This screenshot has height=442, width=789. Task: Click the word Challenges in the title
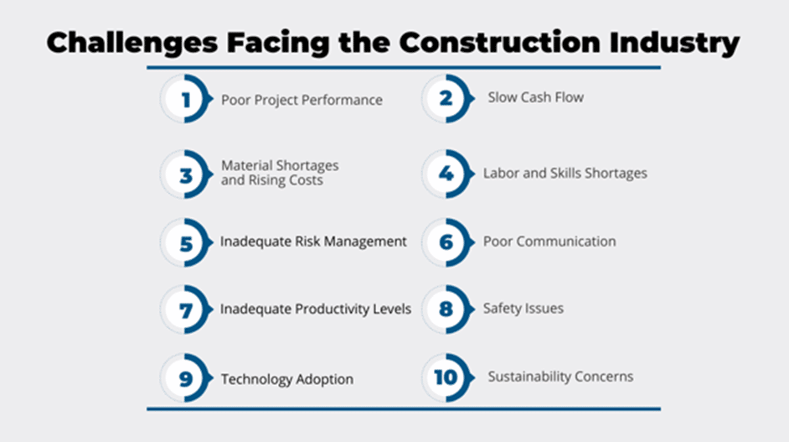[x=132, y=44]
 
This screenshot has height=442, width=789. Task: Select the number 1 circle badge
[x=186, y=99]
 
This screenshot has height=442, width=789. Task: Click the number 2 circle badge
[x=447, y=99]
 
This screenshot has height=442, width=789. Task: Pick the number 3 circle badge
[x=186, y=174]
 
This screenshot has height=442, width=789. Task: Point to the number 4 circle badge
[x=447, y=174]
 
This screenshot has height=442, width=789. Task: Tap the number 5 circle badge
[x=186, y=242]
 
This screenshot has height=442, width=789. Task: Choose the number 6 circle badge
[x=447, y=242]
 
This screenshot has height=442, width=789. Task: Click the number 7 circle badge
[x=186, y=309]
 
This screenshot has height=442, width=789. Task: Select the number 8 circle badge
[x=447, y=309]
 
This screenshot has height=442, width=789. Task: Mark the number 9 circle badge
[x=186, y=378]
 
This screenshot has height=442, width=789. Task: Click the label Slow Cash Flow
[x=535, y=97]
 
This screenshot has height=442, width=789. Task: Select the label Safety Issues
[x=523, y=309]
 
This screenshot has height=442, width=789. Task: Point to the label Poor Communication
[x=549, y=242]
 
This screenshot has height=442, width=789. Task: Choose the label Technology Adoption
[x=286, y=379]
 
